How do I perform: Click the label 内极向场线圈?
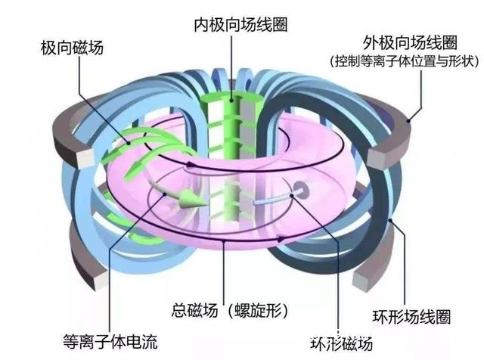240,25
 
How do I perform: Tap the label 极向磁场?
73,48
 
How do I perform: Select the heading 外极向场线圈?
410,42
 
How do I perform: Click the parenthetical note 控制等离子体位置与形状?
405,61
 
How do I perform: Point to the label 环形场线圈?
411,316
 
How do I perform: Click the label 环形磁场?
341,343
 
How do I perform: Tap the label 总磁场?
195,310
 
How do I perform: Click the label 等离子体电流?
110,341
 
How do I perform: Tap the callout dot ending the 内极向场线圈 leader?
231,101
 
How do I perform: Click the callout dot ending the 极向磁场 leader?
129,143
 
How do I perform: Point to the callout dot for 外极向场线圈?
408,121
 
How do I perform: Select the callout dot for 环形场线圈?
390,220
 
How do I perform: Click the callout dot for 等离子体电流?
165,194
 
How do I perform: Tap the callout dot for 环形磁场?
292,195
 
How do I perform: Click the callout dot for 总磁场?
223,240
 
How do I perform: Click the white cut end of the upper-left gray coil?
85,158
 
